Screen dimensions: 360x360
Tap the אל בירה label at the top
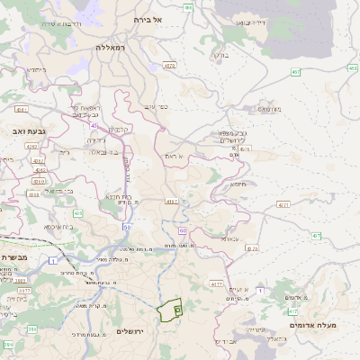[x=146, y=19]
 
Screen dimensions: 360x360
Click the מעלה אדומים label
[x=317, y=325]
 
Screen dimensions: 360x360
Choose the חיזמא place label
[x=238, y=184]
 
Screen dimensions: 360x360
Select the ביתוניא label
[x=36, y=69]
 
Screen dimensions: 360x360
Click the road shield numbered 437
[x=317, y=237]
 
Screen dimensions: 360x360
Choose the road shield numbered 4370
[x=252, y=247]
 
